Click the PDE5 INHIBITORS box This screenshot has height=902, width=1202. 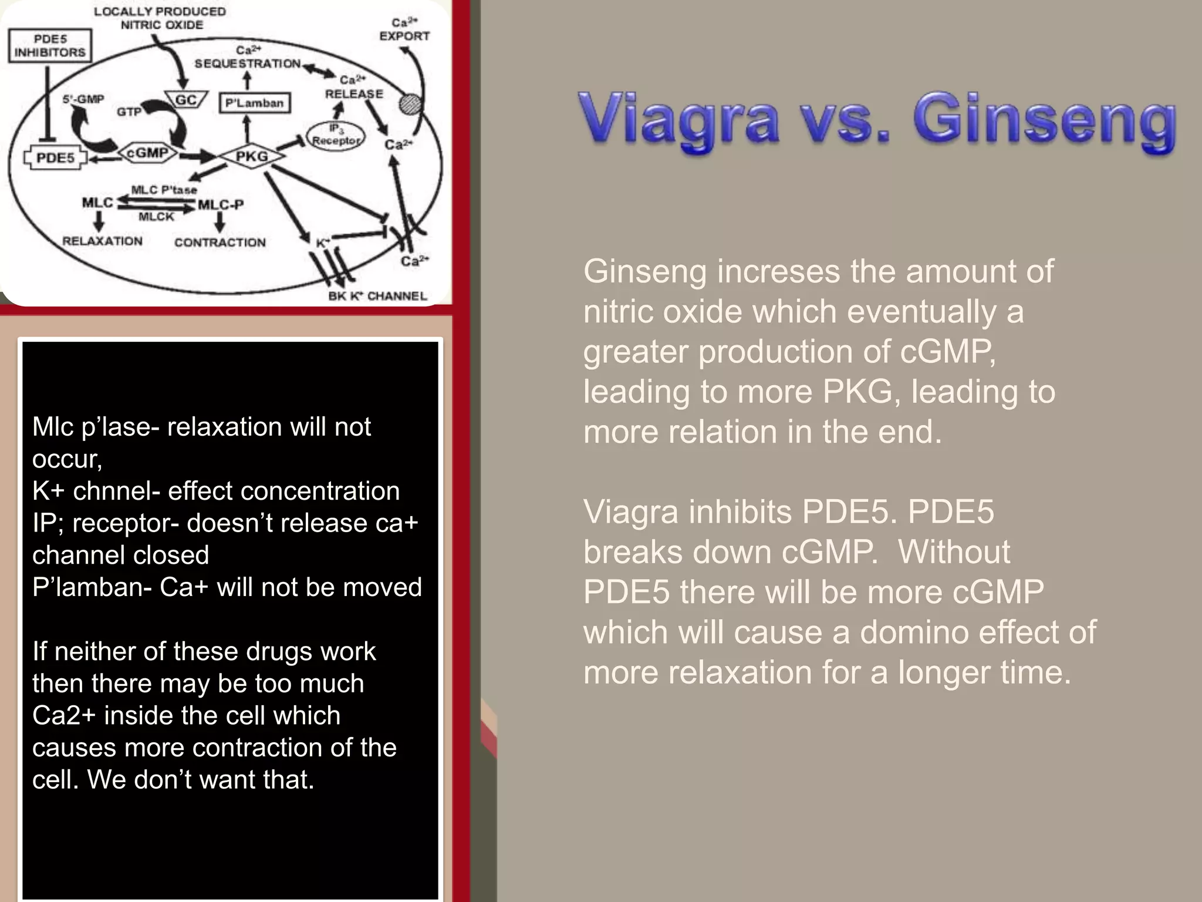50,46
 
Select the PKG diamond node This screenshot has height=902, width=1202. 252,156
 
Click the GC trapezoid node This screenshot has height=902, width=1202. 186,100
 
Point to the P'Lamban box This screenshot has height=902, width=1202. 254,103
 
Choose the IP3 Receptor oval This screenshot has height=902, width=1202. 335,136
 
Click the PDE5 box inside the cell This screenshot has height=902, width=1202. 55,158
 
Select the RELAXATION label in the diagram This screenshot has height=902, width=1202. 102,241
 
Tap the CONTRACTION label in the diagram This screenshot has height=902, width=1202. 220,242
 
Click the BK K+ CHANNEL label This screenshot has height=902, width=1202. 377,295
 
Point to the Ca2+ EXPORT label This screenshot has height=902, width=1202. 404,30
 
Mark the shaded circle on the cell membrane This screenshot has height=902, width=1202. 409,105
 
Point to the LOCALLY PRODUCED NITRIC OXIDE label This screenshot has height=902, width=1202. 160,18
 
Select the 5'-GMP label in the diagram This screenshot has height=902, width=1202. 83,99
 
